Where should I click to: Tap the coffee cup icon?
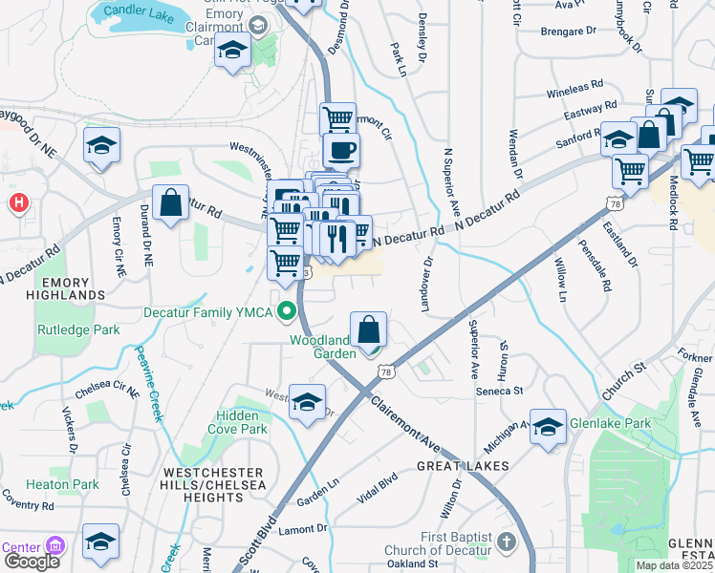(340, 150)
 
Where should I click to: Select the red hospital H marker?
(17, 202)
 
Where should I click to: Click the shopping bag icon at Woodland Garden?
(368, 330)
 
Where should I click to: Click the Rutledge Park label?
(71, 329)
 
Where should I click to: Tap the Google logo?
(31, 562)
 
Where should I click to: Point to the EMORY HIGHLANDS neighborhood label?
(59, 289)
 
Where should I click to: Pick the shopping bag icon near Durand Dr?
(170, 203)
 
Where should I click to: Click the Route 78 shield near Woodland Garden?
(384, 371)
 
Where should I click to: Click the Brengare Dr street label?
(568, 32)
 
